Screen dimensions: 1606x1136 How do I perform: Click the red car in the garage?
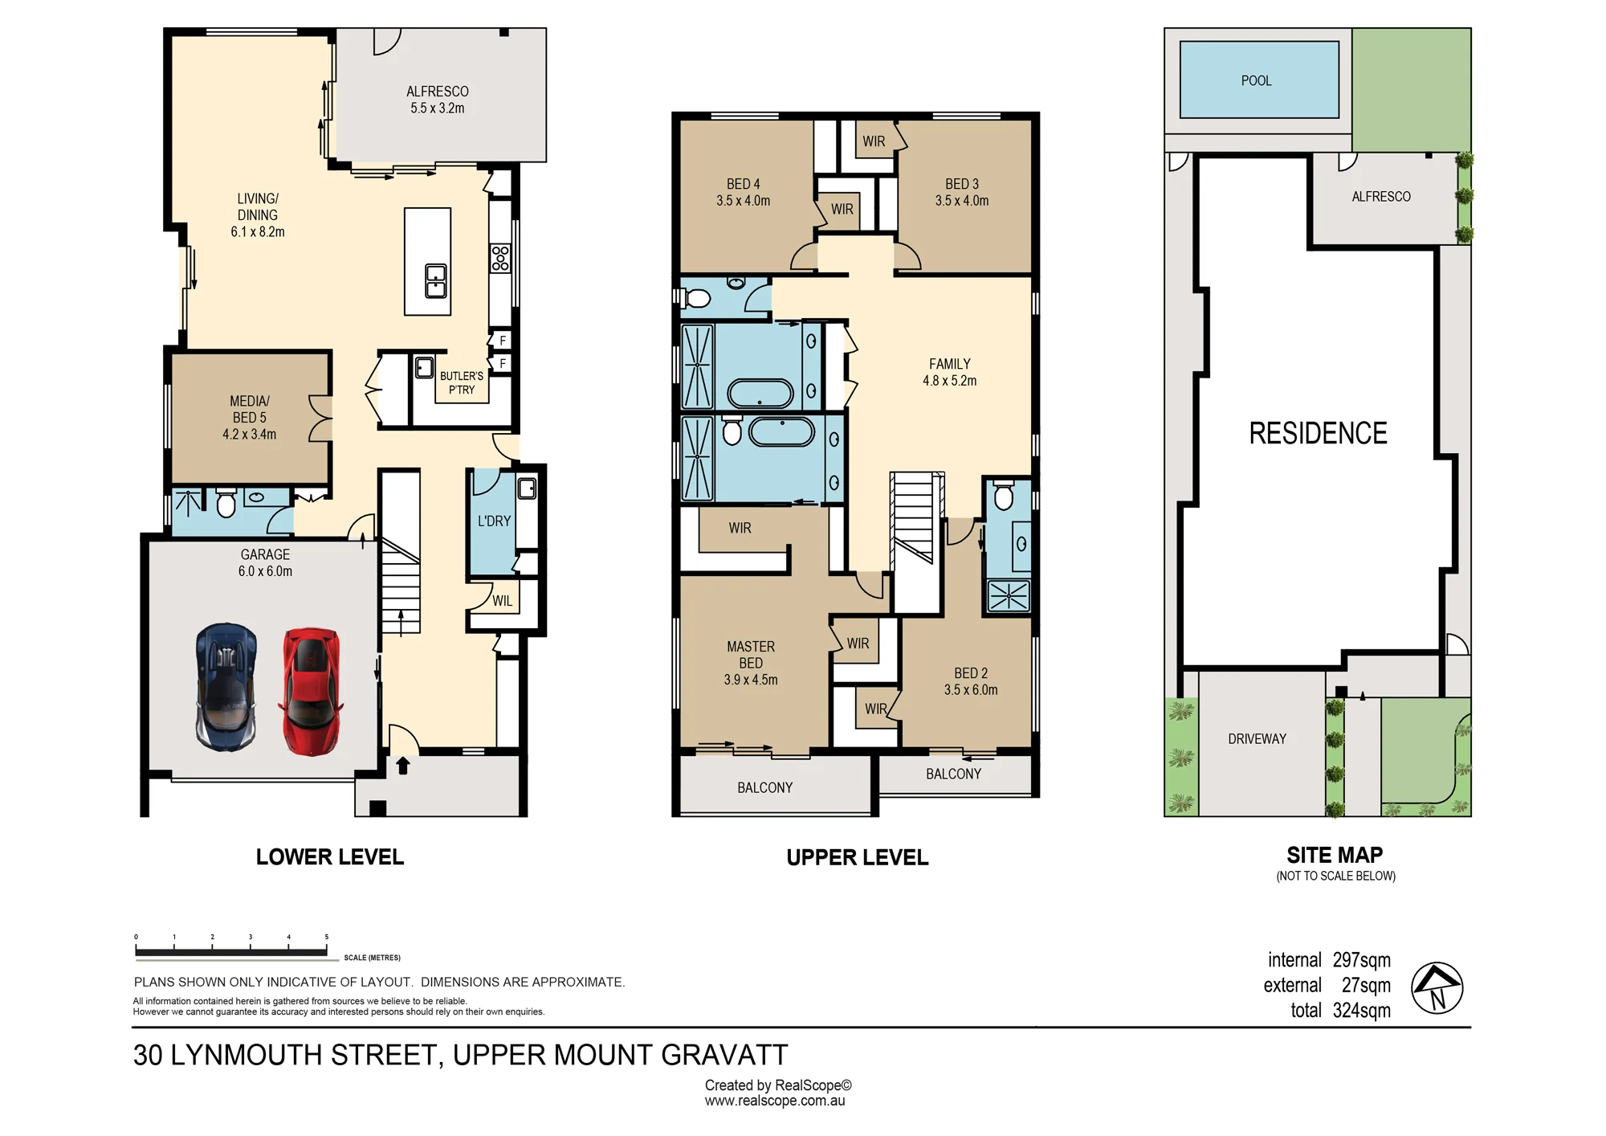pos(311,692)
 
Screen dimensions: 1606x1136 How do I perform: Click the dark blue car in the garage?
pos(226,687)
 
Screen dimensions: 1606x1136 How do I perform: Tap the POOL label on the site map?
pos(1256,80)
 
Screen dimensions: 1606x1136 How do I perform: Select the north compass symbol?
pos(1437,987)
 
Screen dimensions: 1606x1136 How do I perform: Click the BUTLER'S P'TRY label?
pos(462,382)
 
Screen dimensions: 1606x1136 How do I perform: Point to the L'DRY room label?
pos(494,521)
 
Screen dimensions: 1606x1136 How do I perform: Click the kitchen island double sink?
pos(436,281)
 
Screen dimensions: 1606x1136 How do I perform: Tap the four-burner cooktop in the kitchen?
pos(500,258)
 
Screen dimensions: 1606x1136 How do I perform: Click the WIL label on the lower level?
pos(502,600)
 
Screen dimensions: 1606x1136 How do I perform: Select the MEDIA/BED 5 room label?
pos(250,418)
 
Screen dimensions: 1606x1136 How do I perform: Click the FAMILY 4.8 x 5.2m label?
pos(950,372)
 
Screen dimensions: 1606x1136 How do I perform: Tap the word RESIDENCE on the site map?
pos(1318,433)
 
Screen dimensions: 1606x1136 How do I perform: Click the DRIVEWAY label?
pos(1257,739)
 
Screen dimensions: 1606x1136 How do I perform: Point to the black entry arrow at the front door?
pos(403,766)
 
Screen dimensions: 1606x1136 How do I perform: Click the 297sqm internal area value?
pos(1362,960)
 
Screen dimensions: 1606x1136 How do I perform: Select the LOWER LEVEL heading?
pos(330,857)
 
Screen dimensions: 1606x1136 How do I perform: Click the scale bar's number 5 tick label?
pos(326,937)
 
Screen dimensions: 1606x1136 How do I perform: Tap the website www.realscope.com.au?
pos(775,1101)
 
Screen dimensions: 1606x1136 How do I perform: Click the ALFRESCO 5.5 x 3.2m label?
pos(438,100)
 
